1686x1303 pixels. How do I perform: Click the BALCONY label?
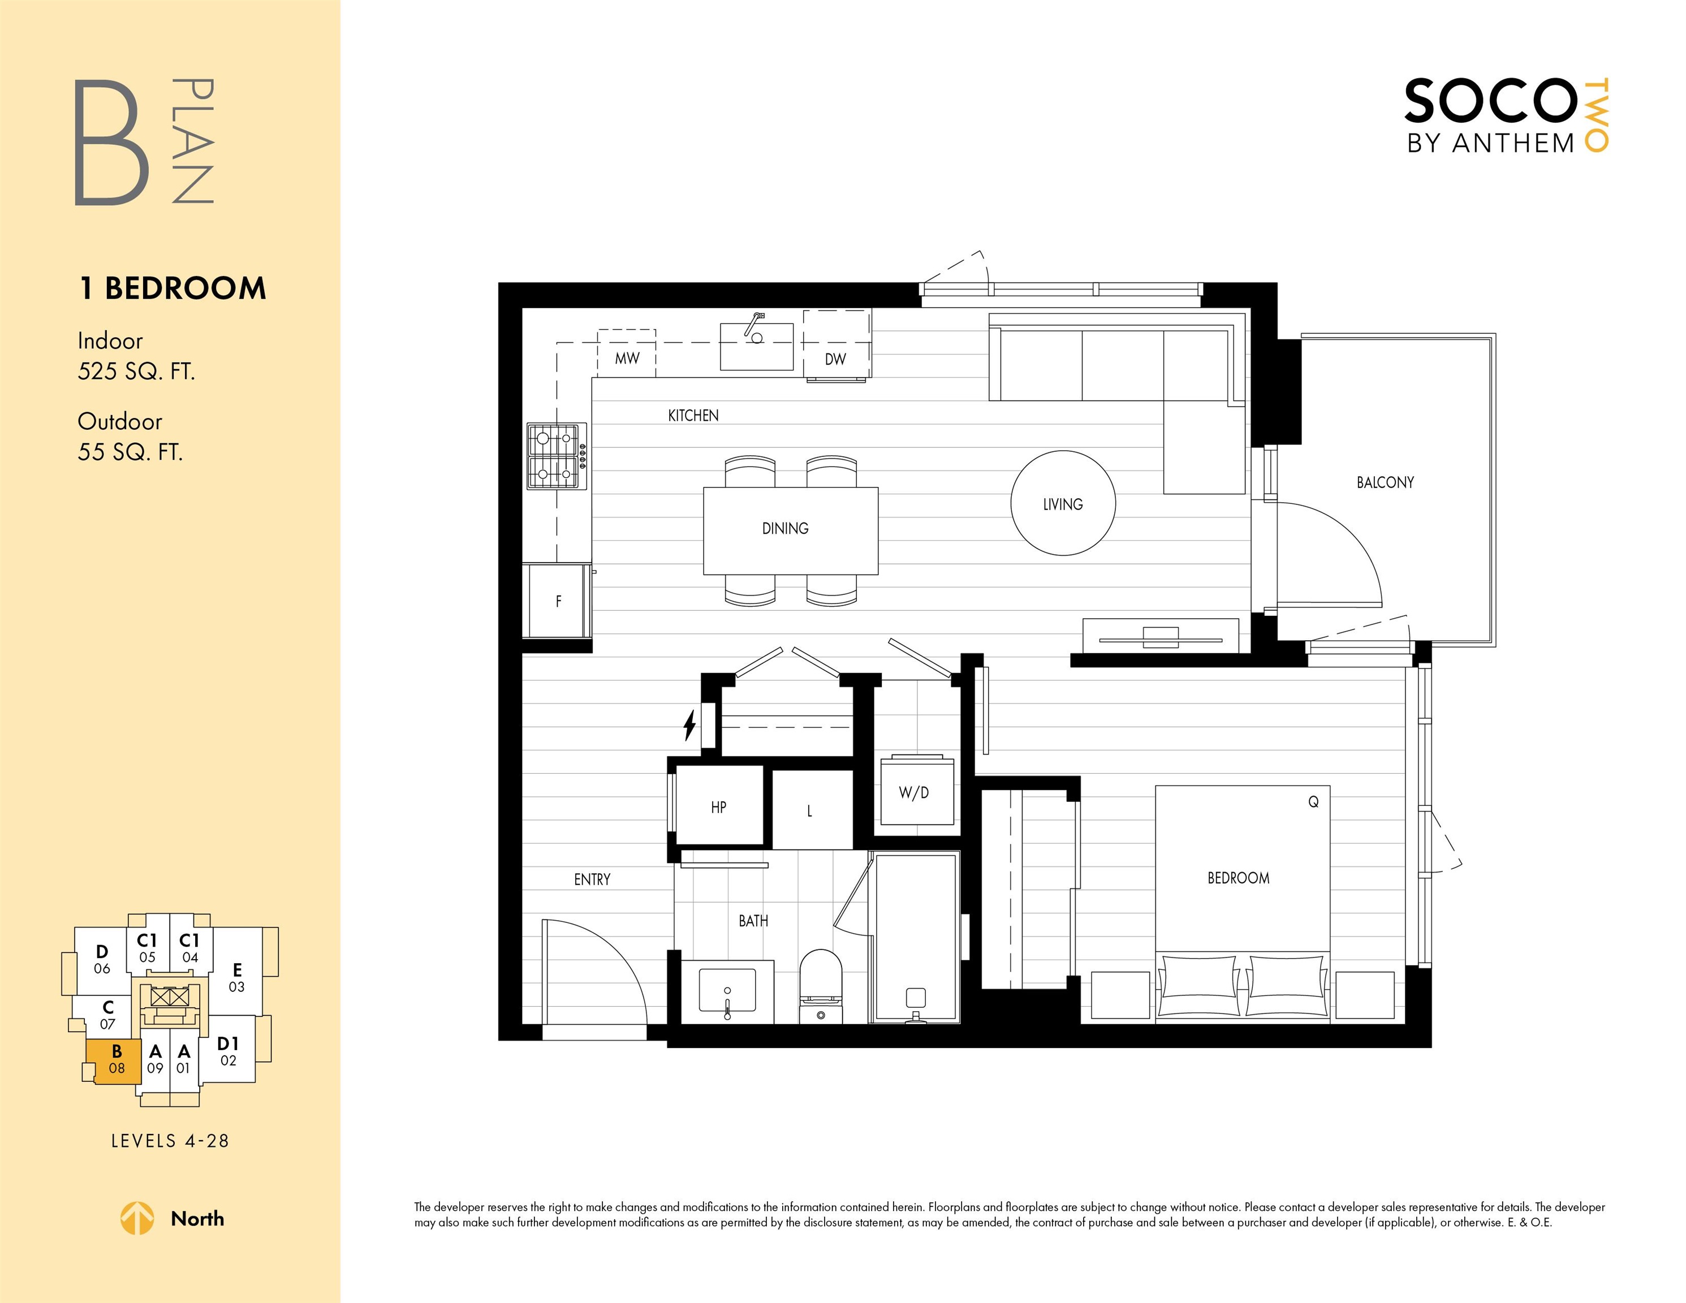(1385, 482)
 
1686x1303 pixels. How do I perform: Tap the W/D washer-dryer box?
(914, 791)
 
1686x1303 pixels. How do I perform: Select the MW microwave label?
(627, 358)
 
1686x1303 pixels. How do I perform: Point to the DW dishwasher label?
(835, 359)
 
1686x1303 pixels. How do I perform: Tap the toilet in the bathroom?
(820, 986)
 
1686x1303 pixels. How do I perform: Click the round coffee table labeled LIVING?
(1063, 503)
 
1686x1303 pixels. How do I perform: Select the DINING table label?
(785, 529)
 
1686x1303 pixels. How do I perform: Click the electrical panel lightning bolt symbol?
(689, 726)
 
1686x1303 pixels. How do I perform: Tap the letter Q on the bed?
(1313, 802)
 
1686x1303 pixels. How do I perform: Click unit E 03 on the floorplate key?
(237, 977)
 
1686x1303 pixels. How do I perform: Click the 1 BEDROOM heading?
(173, 288)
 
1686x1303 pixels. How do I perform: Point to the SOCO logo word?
(1490, 101)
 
